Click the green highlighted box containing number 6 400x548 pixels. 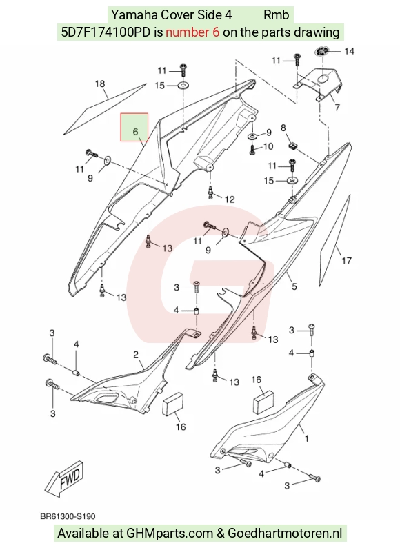134,127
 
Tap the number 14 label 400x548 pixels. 349,51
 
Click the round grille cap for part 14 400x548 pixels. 322,51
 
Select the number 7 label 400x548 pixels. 337,107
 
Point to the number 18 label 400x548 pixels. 100,84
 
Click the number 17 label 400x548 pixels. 346,260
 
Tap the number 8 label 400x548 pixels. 283,128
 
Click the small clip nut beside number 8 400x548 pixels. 292,146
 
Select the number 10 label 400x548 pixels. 268,146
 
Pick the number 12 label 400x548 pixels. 230,199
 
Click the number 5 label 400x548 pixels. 294,286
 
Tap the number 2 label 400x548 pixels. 136,355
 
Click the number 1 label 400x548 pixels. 307,438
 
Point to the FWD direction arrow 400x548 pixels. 64,478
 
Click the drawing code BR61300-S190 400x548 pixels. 68,516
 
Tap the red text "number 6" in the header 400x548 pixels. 192,32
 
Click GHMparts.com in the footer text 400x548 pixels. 170,533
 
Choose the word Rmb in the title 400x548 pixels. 276,14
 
